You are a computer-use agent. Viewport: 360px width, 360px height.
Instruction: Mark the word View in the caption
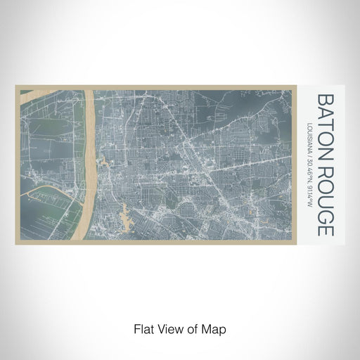166,328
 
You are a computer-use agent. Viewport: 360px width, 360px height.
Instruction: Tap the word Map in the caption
214,328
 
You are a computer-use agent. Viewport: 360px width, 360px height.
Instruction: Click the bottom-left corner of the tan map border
16,243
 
